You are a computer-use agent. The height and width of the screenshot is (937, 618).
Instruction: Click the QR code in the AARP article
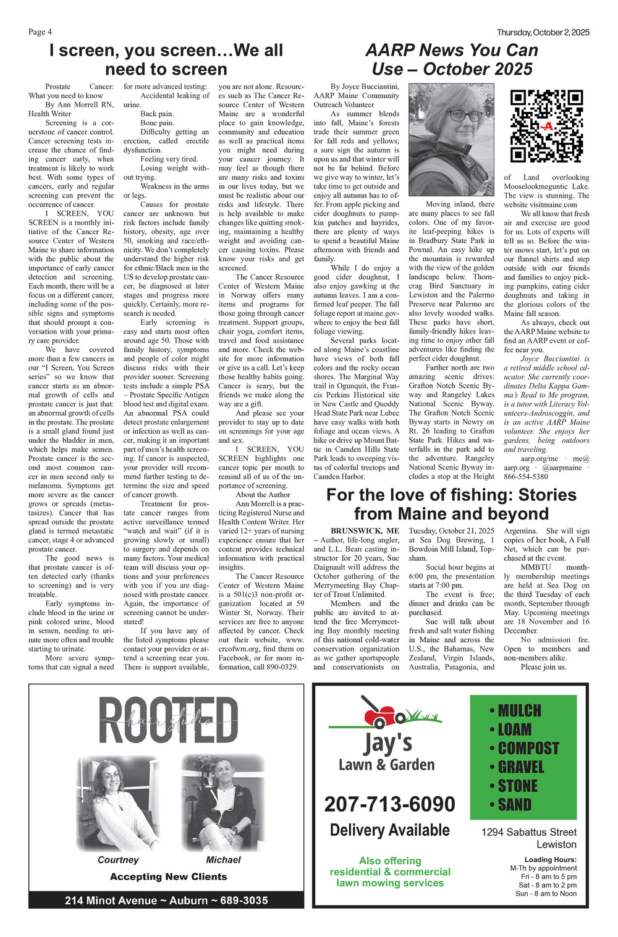tap(547, 126)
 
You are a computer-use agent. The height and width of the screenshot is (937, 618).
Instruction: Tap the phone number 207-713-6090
tap(389, 804)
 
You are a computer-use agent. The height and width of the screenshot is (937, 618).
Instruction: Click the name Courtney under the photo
tap(118, 860)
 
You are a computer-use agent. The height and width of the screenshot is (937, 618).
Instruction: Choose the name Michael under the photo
tap(223, 860)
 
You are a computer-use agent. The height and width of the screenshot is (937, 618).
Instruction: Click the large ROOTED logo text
tap(167, 721)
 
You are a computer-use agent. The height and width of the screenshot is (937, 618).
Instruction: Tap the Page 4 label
tap(40, 32)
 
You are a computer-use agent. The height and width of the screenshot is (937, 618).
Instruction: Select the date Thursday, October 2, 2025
tap(543, 33)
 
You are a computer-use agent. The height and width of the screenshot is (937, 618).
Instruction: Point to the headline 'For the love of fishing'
tap(451, 504)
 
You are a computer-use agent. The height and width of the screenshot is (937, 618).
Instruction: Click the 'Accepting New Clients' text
tap(168, 876)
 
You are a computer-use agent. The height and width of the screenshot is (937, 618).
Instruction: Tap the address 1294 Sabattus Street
tap(528, 832)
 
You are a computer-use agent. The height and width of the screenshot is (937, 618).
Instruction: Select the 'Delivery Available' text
tap(389, 830)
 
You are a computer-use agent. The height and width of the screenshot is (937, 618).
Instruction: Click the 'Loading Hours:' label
tap(550, 860)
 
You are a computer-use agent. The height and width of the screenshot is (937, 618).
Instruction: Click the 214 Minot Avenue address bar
tap(166, 900)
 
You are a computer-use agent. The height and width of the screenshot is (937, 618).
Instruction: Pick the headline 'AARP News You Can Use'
tap(451, 59)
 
